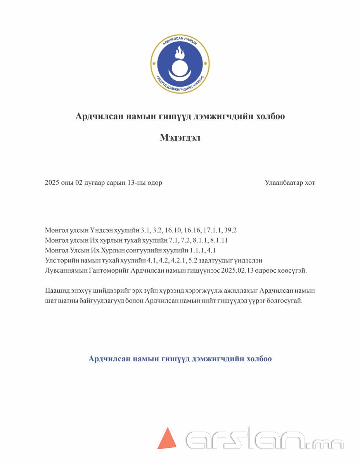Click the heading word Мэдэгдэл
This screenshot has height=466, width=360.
(180, 137)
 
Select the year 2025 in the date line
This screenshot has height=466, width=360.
(52, 183)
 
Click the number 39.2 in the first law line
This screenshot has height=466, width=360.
(230, 230)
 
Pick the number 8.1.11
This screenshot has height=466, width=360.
(219, 240)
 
